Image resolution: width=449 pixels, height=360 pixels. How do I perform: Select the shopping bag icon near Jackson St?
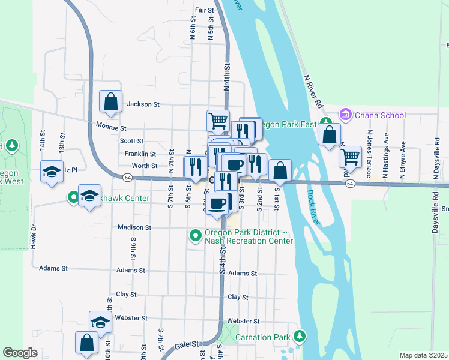tap(111, 103)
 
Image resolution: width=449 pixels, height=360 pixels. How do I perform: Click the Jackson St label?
tap(143, 104)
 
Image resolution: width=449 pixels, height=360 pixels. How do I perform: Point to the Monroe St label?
tap(111, 127)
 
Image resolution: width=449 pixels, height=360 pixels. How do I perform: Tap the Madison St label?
tap(134, 227)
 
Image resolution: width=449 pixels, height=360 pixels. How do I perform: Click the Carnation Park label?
tap(263, 337)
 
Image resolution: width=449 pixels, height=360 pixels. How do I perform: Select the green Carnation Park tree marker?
tap(300, 336)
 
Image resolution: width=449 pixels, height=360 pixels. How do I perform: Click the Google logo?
tap(20, 353)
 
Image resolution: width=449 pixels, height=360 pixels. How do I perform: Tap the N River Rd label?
tap(314, 91)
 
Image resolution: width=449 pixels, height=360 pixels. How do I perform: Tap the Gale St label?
tap(186, 345)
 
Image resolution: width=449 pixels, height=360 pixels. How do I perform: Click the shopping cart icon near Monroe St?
tap(218, 121)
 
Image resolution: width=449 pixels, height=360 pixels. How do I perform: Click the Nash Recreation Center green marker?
tap(195, 236)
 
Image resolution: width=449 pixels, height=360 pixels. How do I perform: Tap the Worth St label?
tap(145, 166)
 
